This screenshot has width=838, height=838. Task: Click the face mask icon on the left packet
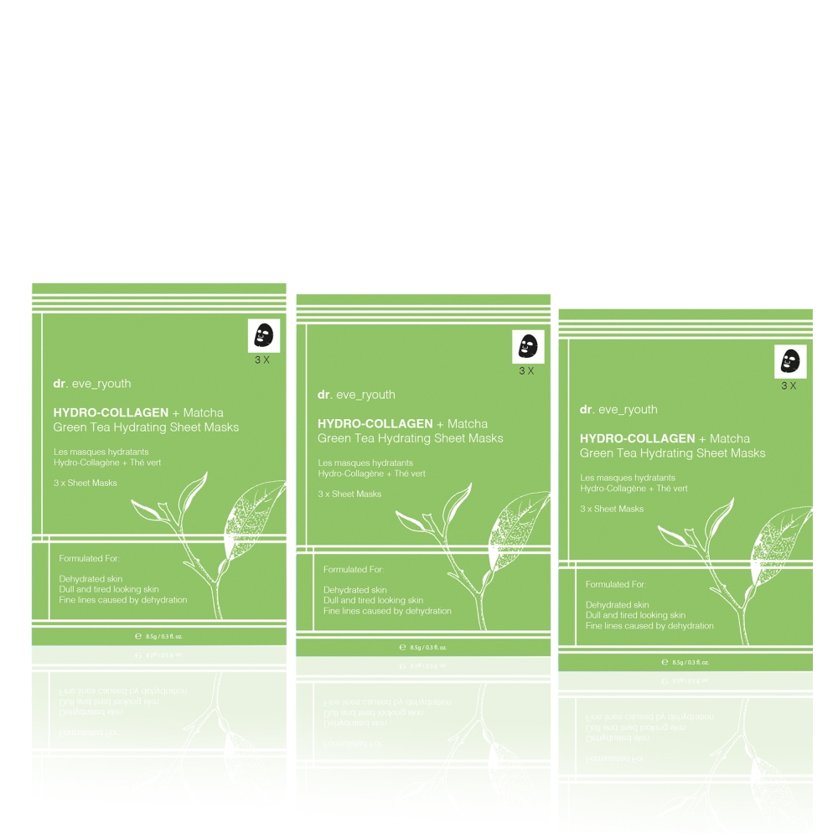tap(263, 335)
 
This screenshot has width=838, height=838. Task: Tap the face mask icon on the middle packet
tap(528, 345)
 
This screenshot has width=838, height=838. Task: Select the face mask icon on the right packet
tap(790, 360)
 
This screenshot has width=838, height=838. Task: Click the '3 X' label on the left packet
tap(262, 360)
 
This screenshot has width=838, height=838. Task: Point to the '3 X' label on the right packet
tap(789, 385)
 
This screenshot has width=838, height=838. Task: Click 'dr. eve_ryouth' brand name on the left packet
tap(91, 384)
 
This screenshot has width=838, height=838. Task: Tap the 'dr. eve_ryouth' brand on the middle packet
tap(356, 395)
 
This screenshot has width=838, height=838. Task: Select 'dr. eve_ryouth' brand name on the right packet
tap(618, 410)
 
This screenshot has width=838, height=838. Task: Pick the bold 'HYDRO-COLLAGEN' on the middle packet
tap(375, 423)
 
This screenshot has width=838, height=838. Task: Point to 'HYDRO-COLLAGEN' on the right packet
tap(637, 438)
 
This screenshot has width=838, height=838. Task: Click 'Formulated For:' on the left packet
tap(90, 558)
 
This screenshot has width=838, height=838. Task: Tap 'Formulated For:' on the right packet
tap(617, 584)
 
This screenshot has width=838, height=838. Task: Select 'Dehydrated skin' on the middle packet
tap(355, 590)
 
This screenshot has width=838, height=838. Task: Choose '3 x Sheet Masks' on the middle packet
tap(349, 494)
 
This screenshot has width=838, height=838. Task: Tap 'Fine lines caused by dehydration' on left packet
tap(123, 600)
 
